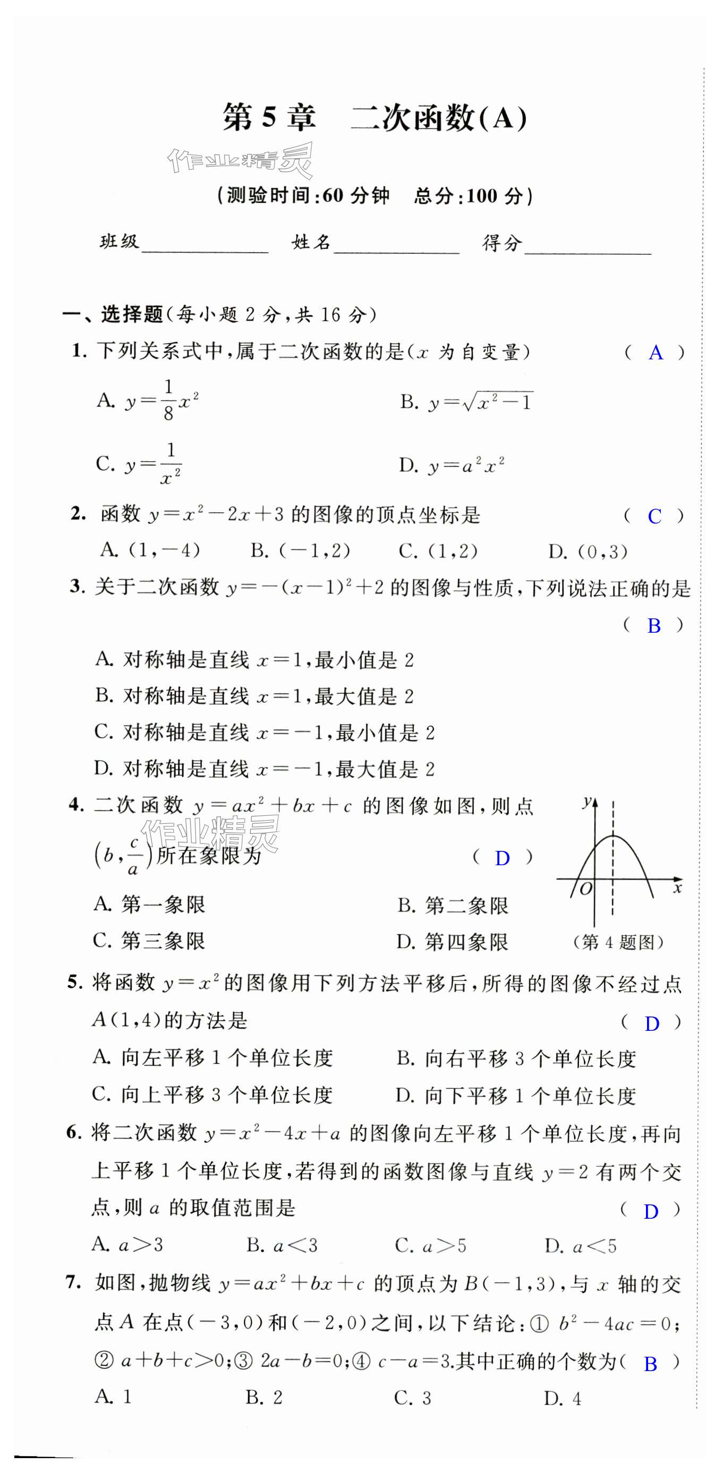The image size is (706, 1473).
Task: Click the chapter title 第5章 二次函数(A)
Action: coord(375,118)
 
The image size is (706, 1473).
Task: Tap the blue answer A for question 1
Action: coord(656,353)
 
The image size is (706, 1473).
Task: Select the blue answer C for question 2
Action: coord(654,516)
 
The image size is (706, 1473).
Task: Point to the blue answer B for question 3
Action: coord(653,626)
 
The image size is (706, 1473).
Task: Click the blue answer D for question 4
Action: coord(502,858)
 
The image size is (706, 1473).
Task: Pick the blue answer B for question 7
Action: coord(650,1364)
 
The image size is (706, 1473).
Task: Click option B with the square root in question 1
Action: coord(466,402)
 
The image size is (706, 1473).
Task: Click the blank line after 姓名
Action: coord(396,246)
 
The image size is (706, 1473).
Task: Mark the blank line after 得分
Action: coord(588,246)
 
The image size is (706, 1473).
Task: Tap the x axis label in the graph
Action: coord(677,888)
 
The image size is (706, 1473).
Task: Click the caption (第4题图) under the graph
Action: coord(618,942)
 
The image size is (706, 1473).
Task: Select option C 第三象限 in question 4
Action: coord(149,941)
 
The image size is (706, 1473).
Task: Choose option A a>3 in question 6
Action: coord(127,1245)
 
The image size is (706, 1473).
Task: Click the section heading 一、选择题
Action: coord(113,314)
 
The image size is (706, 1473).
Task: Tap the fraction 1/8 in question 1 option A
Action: coord(168,400)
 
